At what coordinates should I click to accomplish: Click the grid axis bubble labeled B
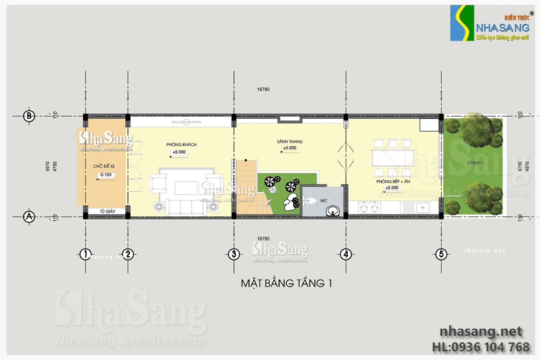pyautogui.click(x=29, y=116)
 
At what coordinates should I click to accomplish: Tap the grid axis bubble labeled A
pyautogui.click(x=29, y=216)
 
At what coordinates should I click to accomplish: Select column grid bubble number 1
pyautogui.click(x=84, y=254)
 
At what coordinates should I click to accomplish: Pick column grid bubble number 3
pyautogui.click(x=233, y=254)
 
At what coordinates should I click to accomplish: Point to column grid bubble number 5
pyautogui.click(x=441, y=254)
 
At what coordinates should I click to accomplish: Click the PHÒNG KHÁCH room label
pyautogui.click(x=181, y=145)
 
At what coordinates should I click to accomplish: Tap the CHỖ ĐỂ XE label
pyautogui.click(x=104, y=167)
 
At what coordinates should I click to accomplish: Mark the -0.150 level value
pyautogui.click(x=105, y=174)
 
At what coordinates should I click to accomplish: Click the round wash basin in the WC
pyautogui.click(x=335, y=210)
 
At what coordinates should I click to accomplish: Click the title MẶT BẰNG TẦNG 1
pyautogui.click(x=286, y=282)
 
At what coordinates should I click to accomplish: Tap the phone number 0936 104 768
pyautogui.click(x=488, y=347)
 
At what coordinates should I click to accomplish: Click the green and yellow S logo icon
pyautogui.click(x=462, y=23)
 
